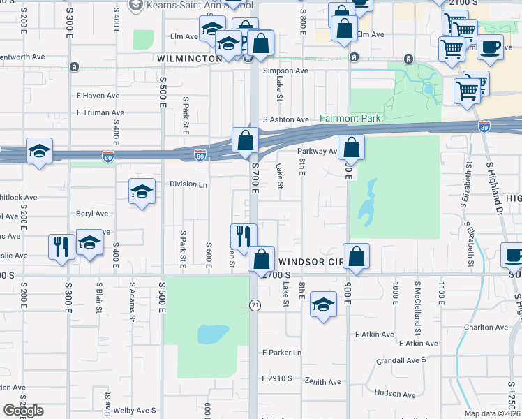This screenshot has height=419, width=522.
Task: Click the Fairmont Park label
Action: tap(350, 119)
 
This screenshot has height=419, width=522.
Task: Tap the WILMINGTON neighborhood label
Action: tap(189, 59)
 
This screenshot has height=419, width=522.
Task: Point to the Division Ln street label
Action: tap(188, 184)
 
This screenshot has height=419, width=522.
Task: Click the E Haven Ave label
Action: tap(98, 96)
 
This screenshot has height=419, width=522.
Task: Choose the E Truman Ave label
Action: tap(100, 112)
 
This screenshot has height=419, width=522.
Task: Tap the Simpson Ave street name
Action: tap(285, 71)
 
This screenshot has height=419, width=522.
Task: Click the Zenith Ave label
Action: tap(322, 381)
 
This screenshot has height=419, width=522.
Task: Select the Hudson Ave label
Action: tap(394, 393)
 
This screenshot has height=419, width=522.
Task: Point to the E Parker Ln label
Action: tap(281, 353)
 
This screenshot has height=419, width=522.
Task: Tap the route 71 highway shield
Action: tap(255, 305)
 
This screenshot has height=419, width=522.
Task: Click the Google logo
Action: tap(22, 411)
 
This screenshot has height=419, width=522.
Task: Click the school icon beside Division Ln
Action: tap(142, 192)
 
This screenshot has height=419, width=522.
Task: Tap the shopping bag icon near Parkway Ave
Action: tap(352, 147)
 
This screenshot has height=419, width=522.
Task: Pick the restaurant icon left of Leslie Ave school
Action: tap(61, 247)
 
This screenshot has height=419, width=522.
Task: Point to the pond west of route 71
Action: tap(213, 334)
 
